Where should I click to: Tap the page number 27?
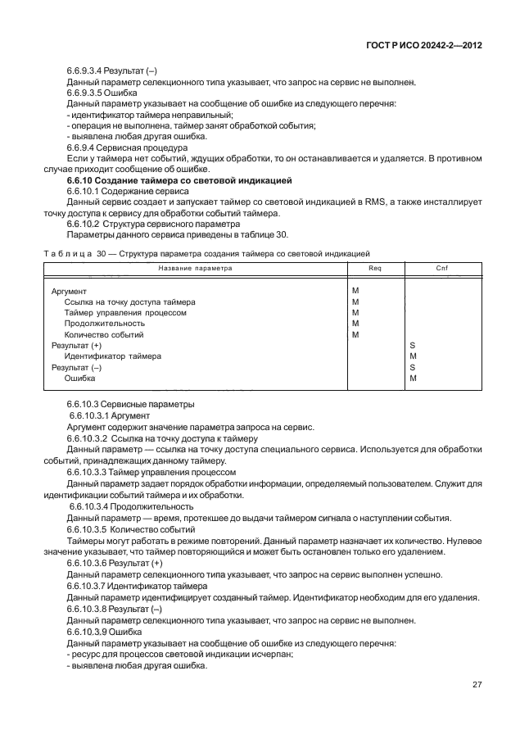(476, 684)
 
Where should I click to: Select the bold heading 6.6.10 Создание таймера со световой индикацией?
(179, 179)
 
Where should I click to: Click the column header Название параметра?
(195, 269)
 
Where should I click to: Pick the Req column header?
(374, 269)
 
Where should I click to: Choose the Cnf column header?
(441, 269)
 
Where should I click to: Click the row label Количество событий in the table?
(104, 335)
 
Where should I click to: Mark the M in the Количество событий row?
(355, 335)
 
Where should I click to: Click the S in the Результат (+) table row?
(412, 346)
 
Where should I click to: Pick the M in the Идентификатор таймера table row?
(413, 356)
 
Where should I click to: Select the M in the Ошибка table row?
(413, 379)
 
